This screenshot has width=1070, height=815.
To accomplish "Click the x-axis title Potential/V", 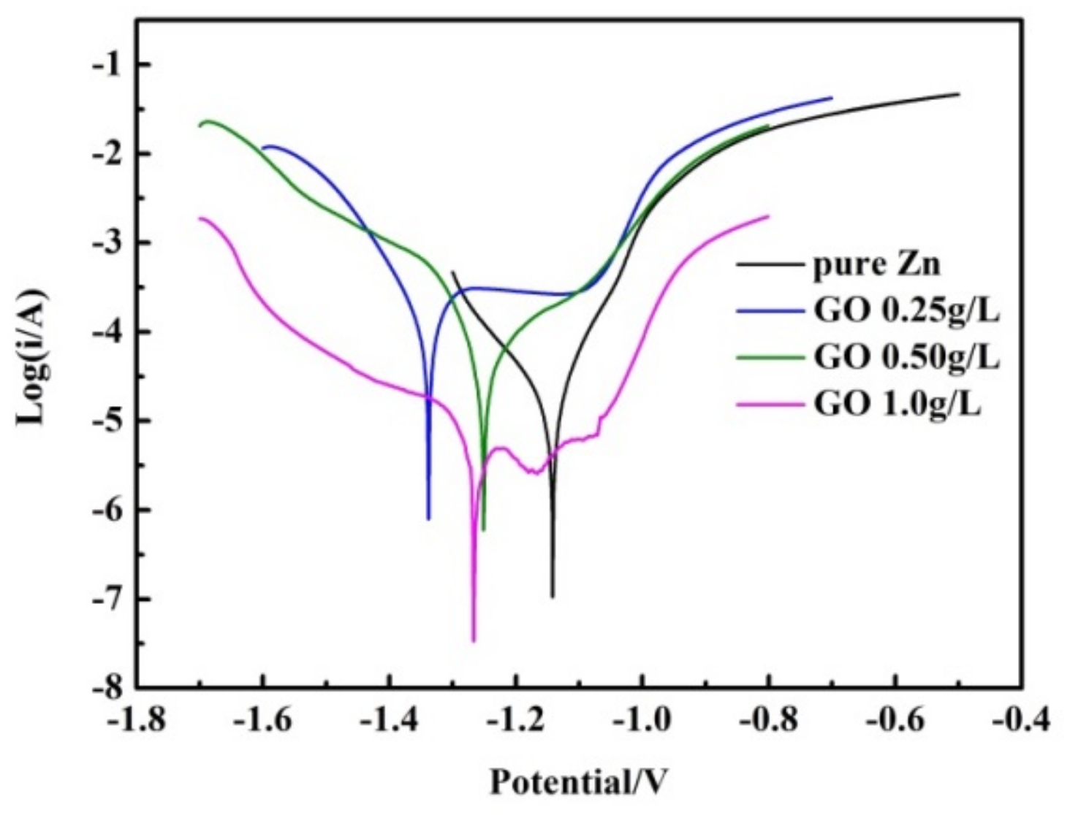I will coord(578,782).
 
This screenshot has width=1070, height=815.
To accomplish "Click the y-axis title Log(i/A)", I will coord(33,356).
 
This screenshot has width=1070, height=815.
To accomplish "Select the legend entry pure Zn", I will coord(876,264).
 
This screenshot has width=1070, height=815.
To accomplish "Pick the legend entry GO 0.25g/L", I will coord(906,310).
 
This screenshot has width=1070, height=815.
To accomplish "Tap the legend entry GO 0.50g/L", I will coord(906,357).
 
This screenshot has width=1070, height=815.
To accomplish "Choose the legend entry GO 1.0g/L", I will coord(897,403).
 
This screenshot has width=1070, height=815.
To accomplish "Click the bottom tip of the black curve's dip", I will coord(553,597).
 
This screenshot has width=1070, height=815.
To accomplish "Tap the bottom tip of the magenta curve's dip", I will coord(474,641).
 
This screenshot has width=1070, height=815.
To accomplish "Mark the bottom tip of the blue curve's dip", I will coord(428,519).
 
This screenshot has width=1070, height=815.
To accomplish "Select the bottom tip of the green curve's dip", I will coord(484,530).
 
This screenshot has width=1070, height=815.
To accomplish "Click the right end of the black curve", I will coord(958,93).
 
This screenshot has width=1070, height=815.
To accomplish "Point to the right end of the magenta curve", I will coord(768,216).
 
